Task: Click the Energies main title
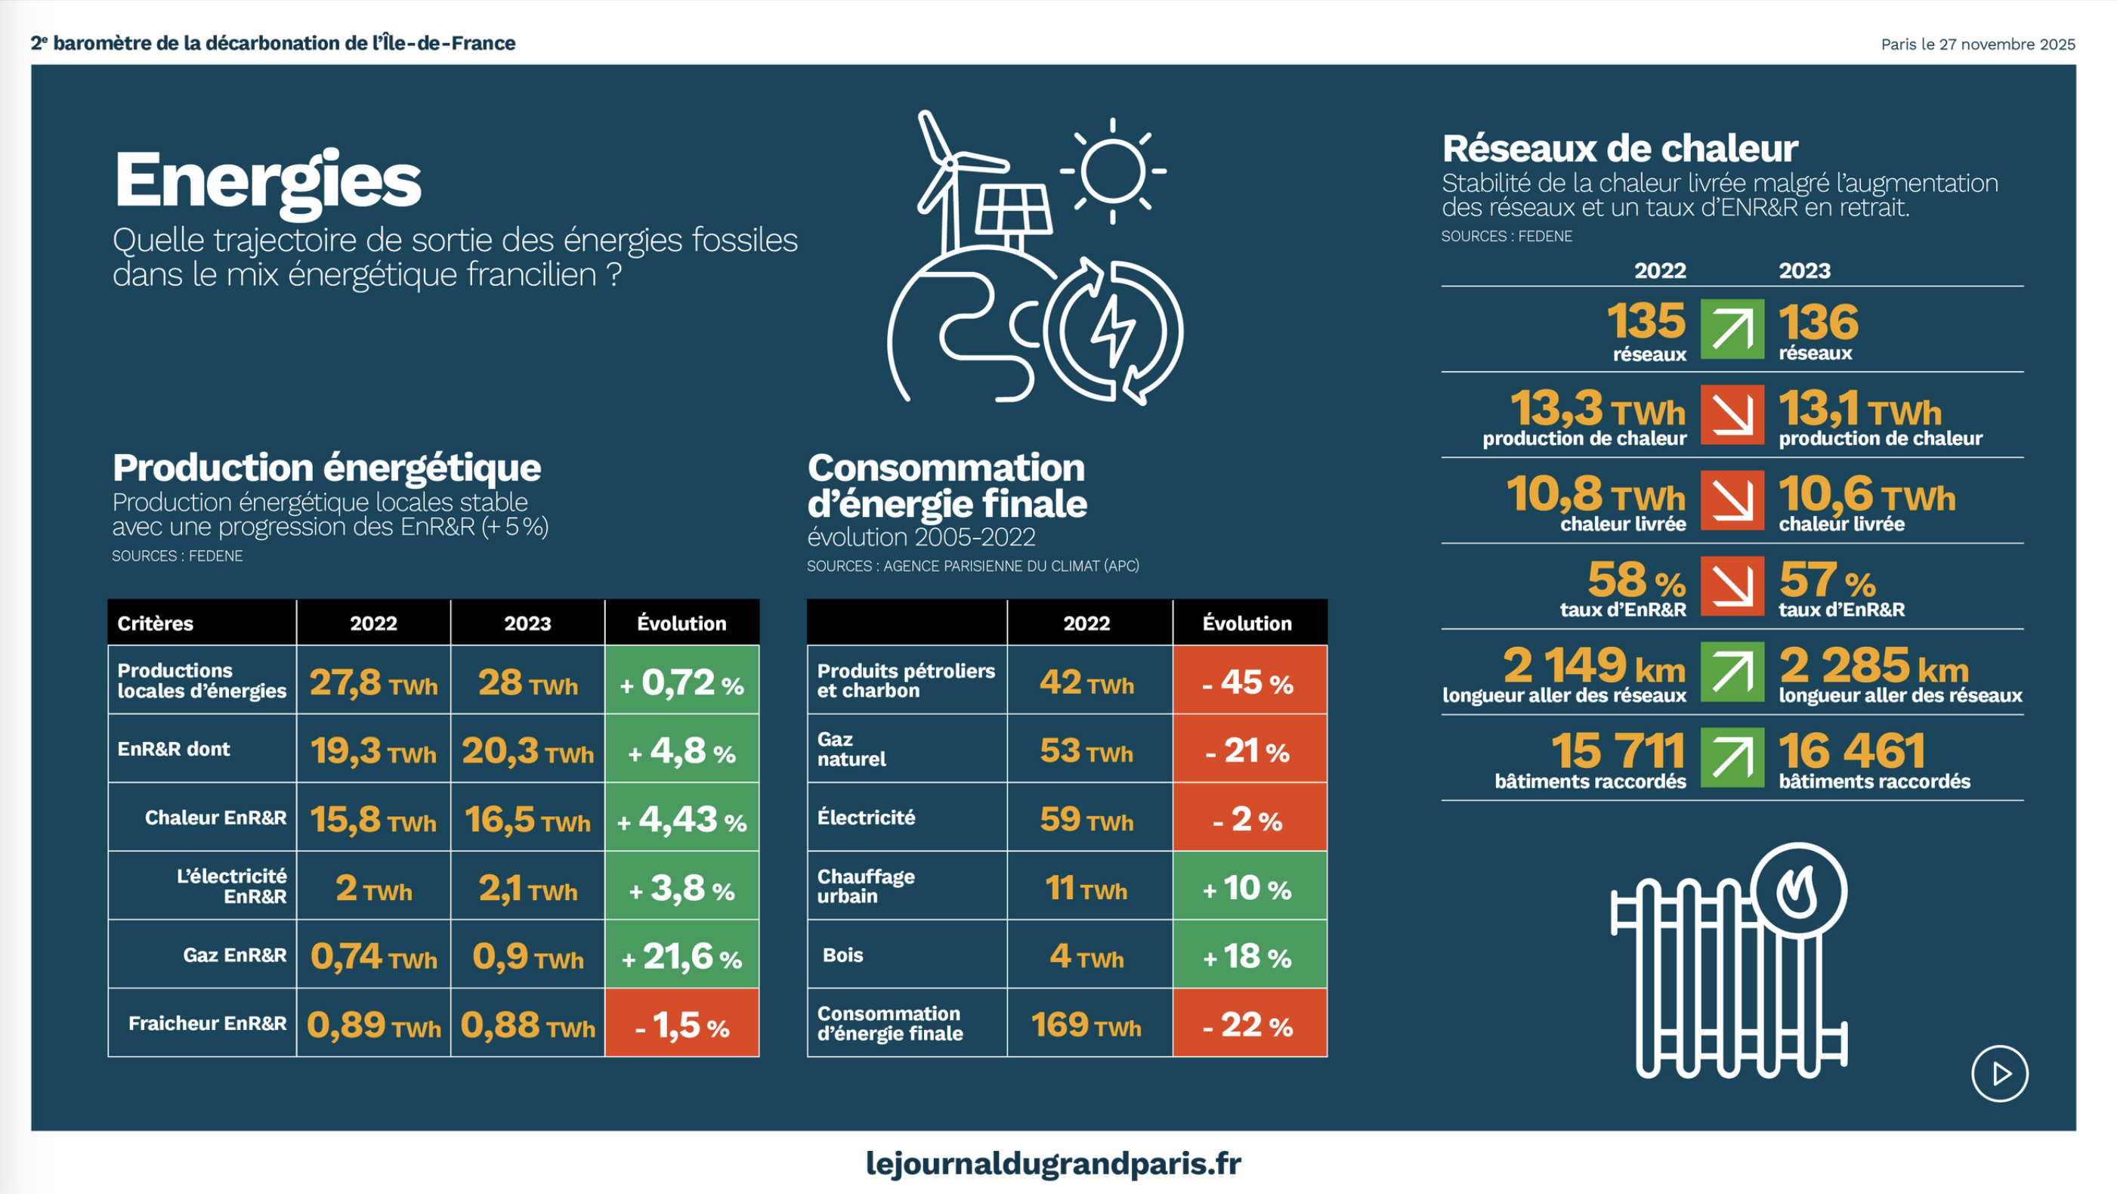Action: [x=267, y=181]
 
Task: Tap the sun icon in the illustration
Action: [x=1113, y=171]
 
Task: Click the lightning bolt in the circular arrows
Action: [x=1113, y=330]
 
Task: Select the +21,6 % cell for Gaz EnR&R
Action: [x=682, y=955]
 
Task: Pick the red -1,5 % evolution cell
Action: [x=682, y=1024]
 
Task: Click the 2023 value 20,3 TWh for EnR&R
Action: [x=527, y=750]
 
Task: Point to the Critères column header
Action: [x=156, y=623]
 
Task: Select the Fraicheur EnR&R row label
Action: [x=207, y=1023]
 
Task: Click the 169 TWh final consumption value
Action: [x=1086, y=1025]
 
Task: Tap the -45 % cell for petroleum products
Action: [x=1248, y=681]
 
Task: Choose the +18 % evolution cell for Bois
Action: [x=1248, y=956]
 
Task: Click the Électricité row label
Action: [x=866, y=818]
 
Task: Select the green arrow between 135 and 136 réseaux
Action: [x=1732, y=329]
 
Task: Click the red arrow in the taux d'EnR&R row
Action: [x=1732, y=586]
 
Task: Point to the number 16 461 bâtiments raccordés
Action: [x=1853, y=750]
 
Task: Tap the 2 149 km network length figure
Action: [x=1593, y=666]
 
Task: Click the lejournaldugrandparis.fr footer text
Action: [x=1052, y=1163]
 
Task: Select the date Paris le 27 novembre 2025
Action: [x=1977, y=45]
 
